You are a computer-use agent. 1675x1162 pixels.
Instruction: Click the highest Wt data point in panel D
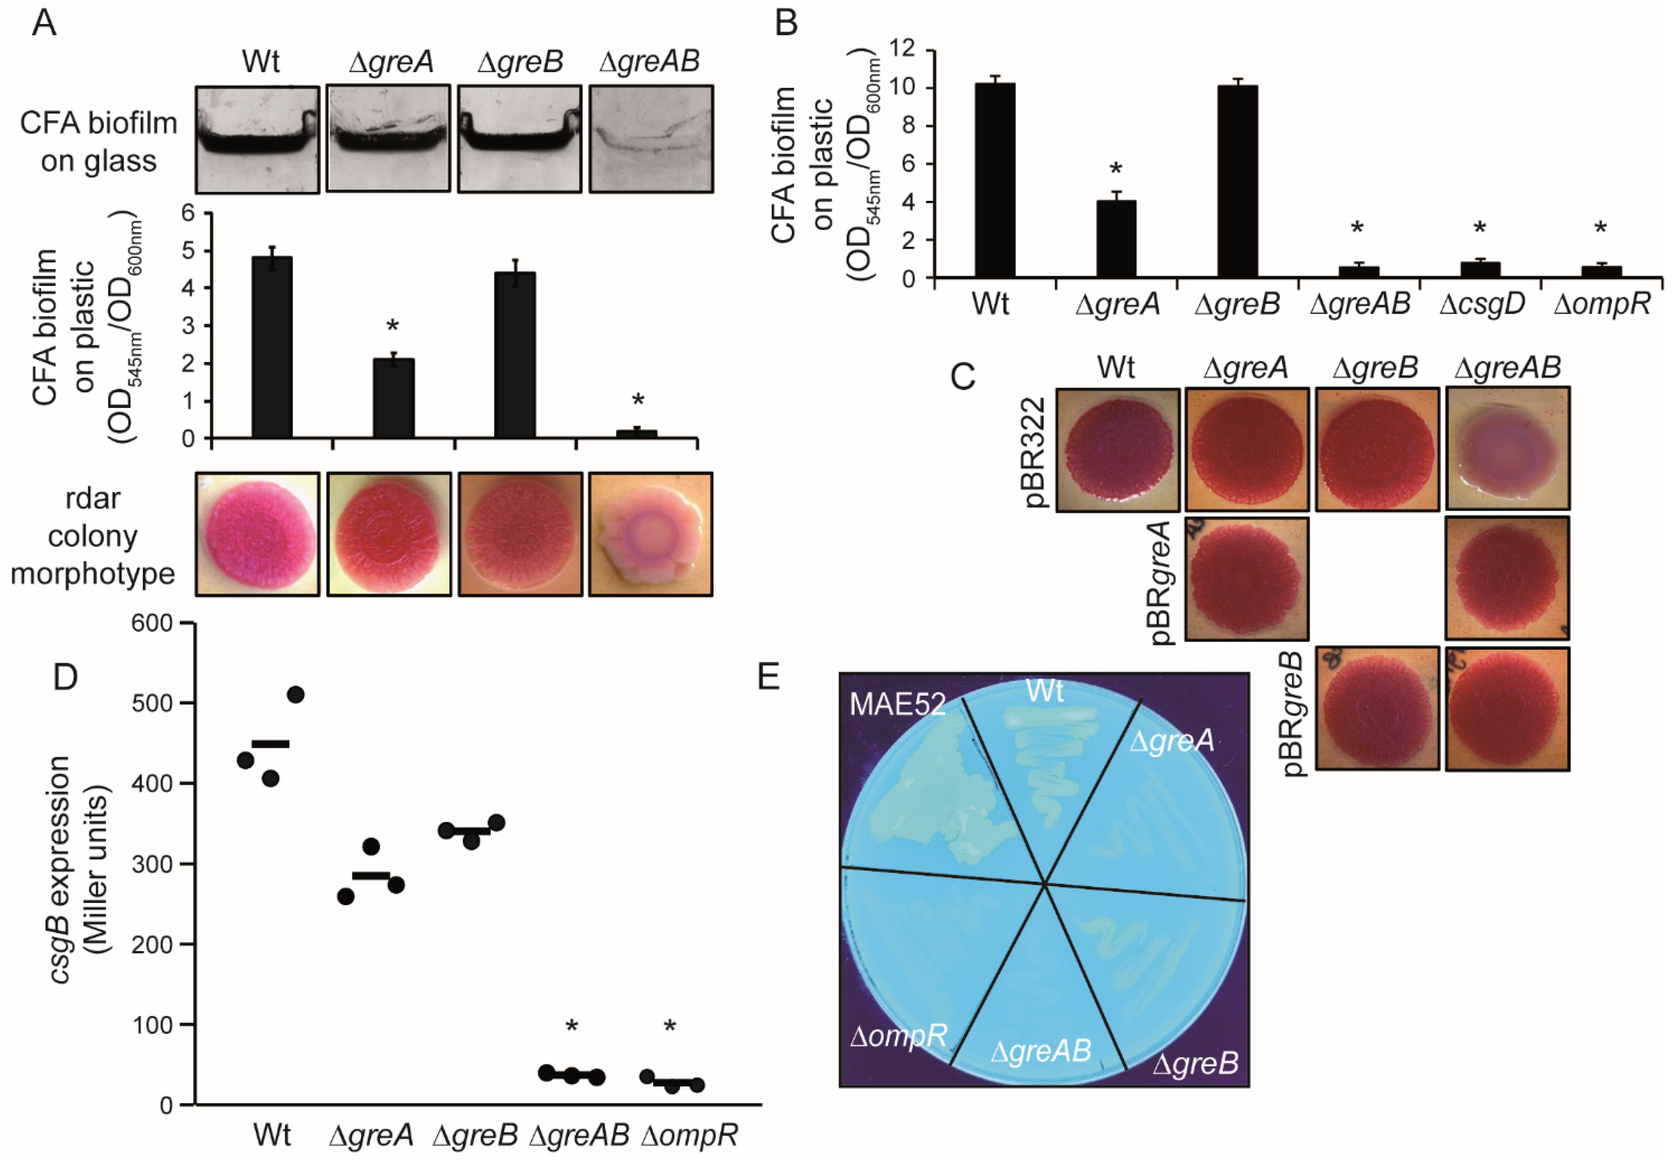296,695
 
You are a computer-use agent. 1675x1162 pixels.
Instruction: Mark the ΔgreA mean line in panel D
371,875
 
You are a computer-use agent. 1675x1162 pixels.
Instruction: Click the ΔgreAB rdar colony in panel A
650,534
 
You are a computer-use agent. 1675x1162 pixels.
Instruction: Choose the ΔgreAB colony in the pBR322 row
1507,448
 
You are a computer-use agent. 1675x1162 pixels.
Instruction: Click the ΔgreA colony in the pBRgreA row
1246,579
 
